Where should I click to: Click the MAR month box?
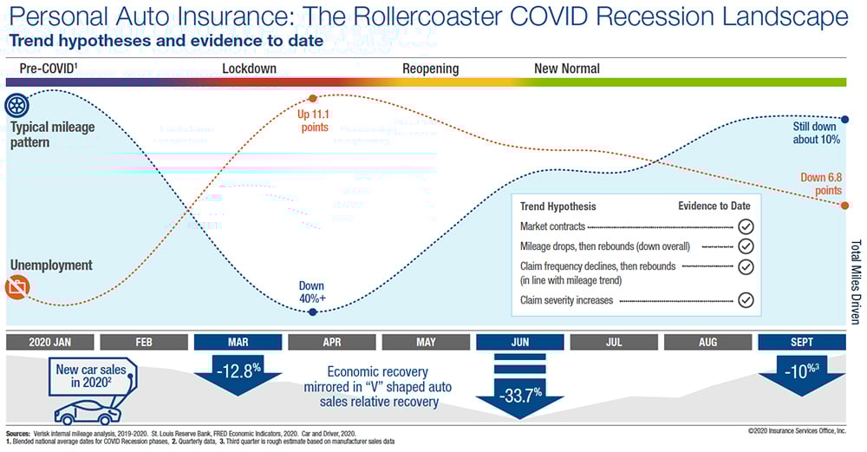click(x=237, y=342)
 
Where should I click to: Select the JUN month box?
click(x=520, y=342)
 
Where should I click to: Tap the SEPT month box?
click(x=801, y=342)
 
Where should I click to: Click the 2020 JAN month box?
click(x=49, y=342)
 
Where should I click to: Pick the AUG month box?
click(x=707, y=342)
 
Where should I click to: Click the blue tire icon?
click(x=16, y=107)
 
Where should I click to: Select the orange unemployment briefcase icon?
click(x=16, y=287)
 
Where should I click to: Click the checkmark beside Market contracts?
click(x=746, y=226)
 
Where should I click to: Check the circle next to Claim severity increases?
click(x=746, y=301)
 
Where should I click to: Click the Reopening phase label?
click(x=431, y=69)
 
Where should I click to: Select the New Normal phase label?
click(x=567, y=69)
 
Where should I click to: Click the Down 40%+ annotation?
click(x=311, y=291)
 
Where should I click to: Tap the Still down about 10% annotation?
click(x=817, y=132)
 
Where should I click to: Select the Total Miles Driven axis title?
click(x=857, y=282)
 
